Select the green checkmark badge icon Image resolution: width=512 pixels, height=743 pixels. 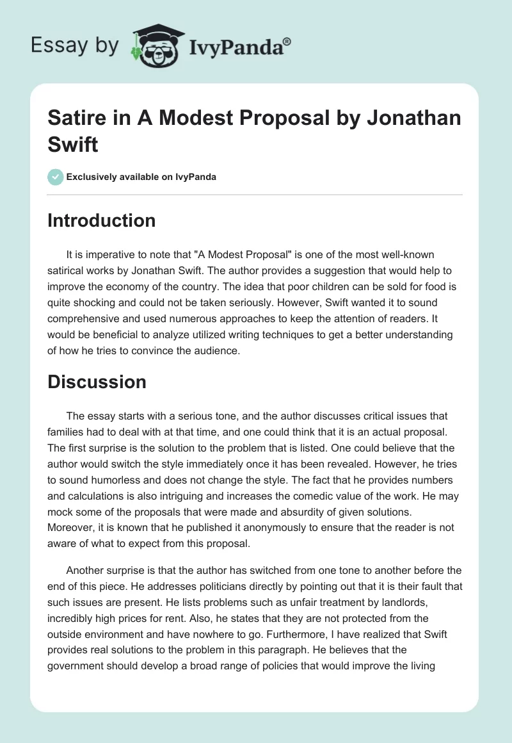click(x=56, y=177)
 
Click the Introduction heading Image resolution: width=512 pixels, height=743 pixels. click(x=101, y=220)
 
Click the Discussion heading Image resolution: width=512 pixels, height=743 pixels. click(x=97, y=382)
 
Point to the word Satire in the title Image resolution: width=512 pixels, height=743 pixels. click(x=76, y=119)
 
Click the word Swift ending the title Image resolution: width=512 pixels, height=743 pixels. click(x=73, y=144)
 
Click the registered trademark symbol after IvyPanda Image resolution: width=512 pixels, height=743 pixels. click(x=287, y=40)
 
